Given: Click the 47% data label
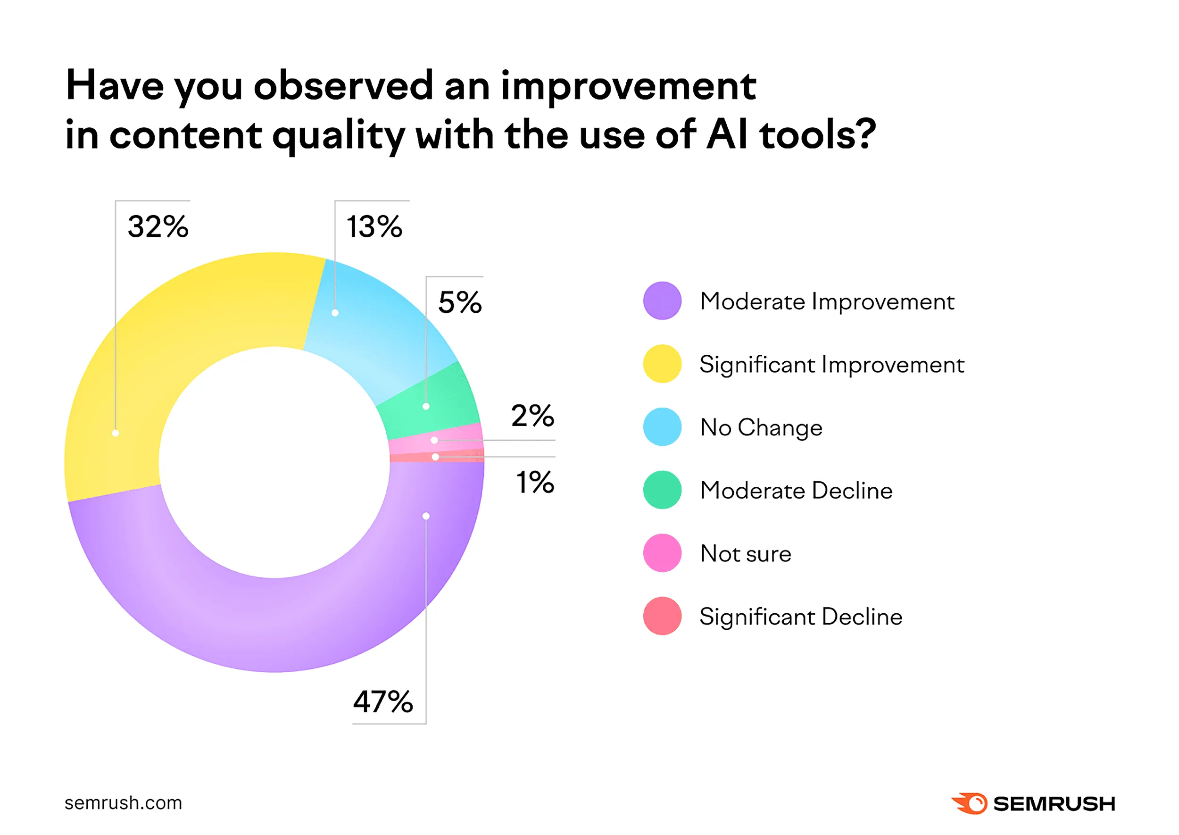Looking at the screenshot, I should tap(383, 701).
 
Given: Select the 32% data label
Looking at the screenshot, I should tap(158, 227).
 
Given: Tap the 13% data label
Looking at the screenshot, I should tap(374, 227).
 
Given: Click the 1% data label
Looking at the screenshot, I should tap(535, 482).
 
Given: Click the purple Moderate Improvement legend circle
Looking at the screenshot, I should tap(662, 301).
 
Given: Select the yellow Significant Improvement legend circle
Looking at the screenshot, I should tap(662, 364).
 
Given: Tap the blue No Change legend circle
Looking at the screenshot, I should tap(662, 427).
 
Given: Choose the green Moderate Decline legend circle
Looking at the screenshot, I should tap(662, 490).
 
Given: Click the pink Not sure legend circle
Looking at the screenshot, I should tap(662, 553).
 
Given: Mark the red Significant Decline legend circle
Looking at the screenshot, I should tap(662, 616).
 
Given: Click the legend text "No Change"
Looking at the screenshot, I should tap(761, 428).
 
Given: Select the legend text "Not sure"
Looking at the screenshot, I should tap(745, 554).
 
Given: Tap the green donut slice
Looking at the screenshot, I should tap(432, 399).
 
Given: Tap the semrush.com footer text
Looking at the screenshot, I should tap(124, 803).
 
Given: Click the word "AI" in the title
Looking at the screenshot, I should tap(727, 135).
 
